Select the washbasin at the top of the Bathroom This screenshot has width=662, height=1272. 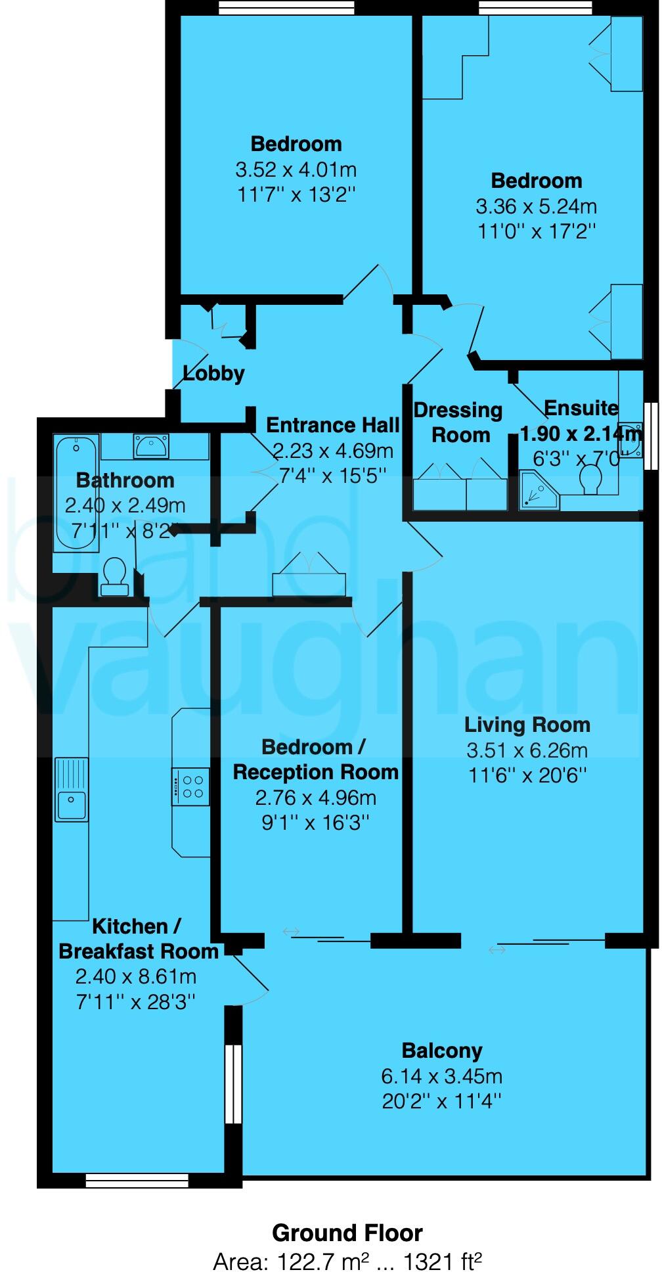pos(152,446)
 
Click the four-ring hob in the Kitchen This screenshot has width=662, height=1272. pos(190,786)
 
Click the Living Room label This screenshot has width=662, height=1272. pos(527,725)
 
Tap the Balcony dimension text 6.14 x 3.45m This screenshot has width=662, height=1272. pos(441,1076)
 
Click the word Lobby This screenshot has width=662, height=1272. pos(213,374)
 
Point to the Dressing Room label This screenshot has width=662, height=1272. pos(458,422)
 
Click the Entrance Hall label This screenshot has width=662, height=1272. pos(332,425)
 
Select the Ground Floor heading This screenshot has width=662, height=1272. pos(347,1233)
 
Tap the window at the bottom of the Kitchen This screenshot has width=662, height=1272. pos(137,1181)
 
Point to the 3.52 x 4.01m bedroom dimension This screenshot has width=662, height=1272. pos(296,170)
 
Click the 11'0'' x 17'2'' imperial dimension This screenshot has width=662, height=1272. pos(536,232)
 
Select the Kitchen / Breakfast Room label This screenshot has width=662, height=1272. pos(138,939)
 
